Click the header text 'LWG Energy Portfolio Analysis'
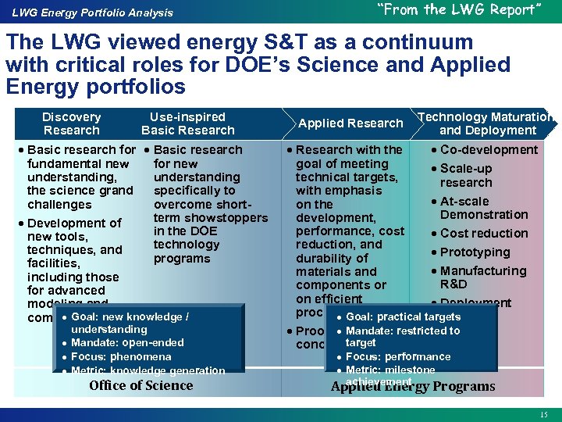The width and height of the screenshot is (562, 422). (x=92, y=13)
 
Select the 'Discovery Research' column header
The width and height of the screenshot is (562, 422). (x=71, y=123)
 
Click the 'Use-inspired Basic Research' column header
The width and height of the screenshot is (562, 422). (x=187, y=123)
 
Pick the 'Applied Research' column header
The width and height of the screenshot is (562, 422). (x=350, y=123)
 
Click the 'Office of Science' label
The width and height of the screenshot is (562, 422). (x=140, y=385)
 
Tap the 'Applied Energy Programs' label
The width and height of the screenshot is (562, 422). (x=413, y=387)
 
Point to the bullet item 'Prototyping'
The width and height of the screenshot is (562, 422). (x=475, y=252)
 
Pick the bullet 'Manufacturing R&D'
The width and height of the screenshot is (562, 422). (x=483, y=277)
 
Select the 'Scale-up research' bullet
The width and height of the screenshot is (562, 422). (x=466, y=176)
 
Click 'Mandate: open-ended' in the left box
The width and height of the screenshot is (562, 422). (x=127, y=343)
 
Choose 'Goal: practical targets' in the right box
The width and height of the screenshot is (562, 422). (x=403, y=317)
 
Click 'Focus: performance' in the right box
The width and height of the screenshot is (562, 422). (x=398, y=356)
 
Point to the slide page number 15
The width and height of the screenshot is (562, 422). (x=543, y=413)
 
